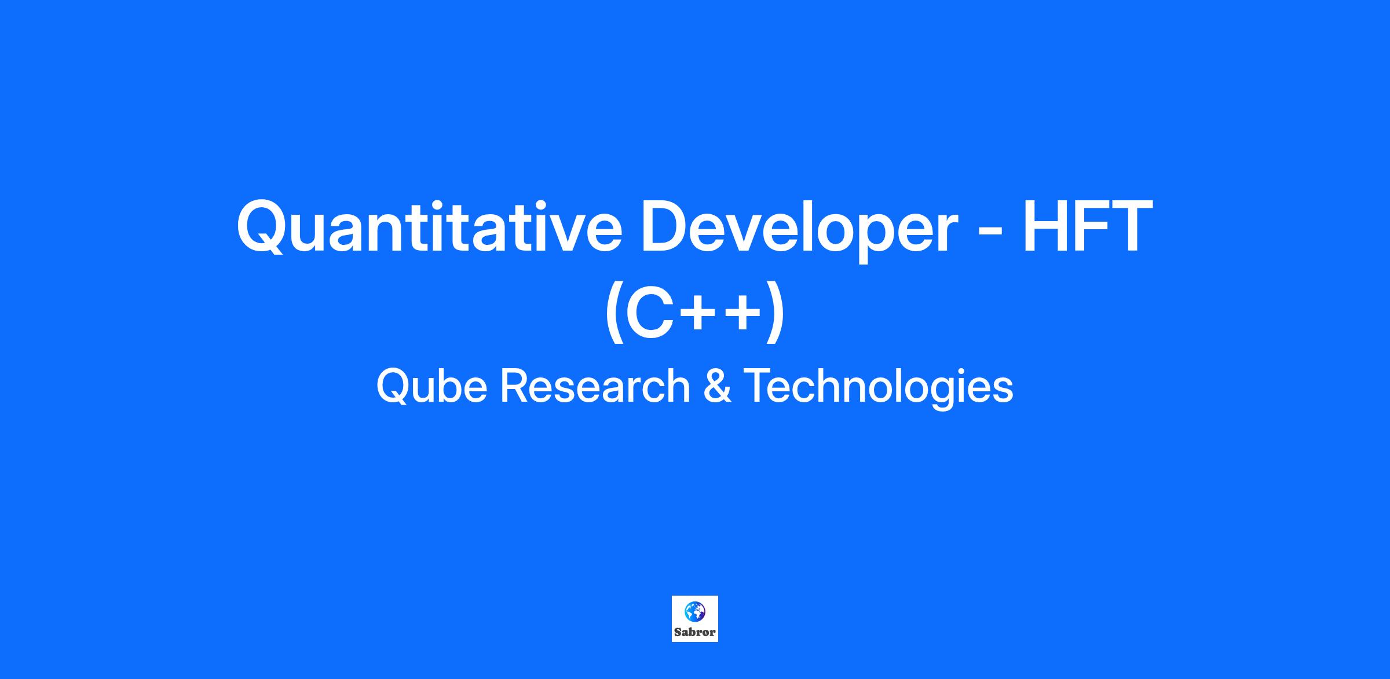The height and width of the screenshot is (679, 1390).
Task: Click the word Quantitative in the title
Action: (x=429, y=227)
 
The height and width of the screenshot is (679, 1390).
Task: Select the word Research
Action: (x=595, y=386)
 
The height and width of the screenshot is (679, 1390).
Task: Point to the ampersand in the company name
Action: (x=716, y=387)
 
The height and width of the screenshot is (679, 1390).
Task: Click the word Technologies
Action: (x=878, y=388)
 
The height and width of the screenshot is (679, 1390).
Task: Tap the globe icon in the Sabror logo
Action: (x=695, y=610)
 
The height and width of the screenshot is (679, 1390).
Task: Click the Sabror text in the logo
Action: (x=695, y=632)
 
